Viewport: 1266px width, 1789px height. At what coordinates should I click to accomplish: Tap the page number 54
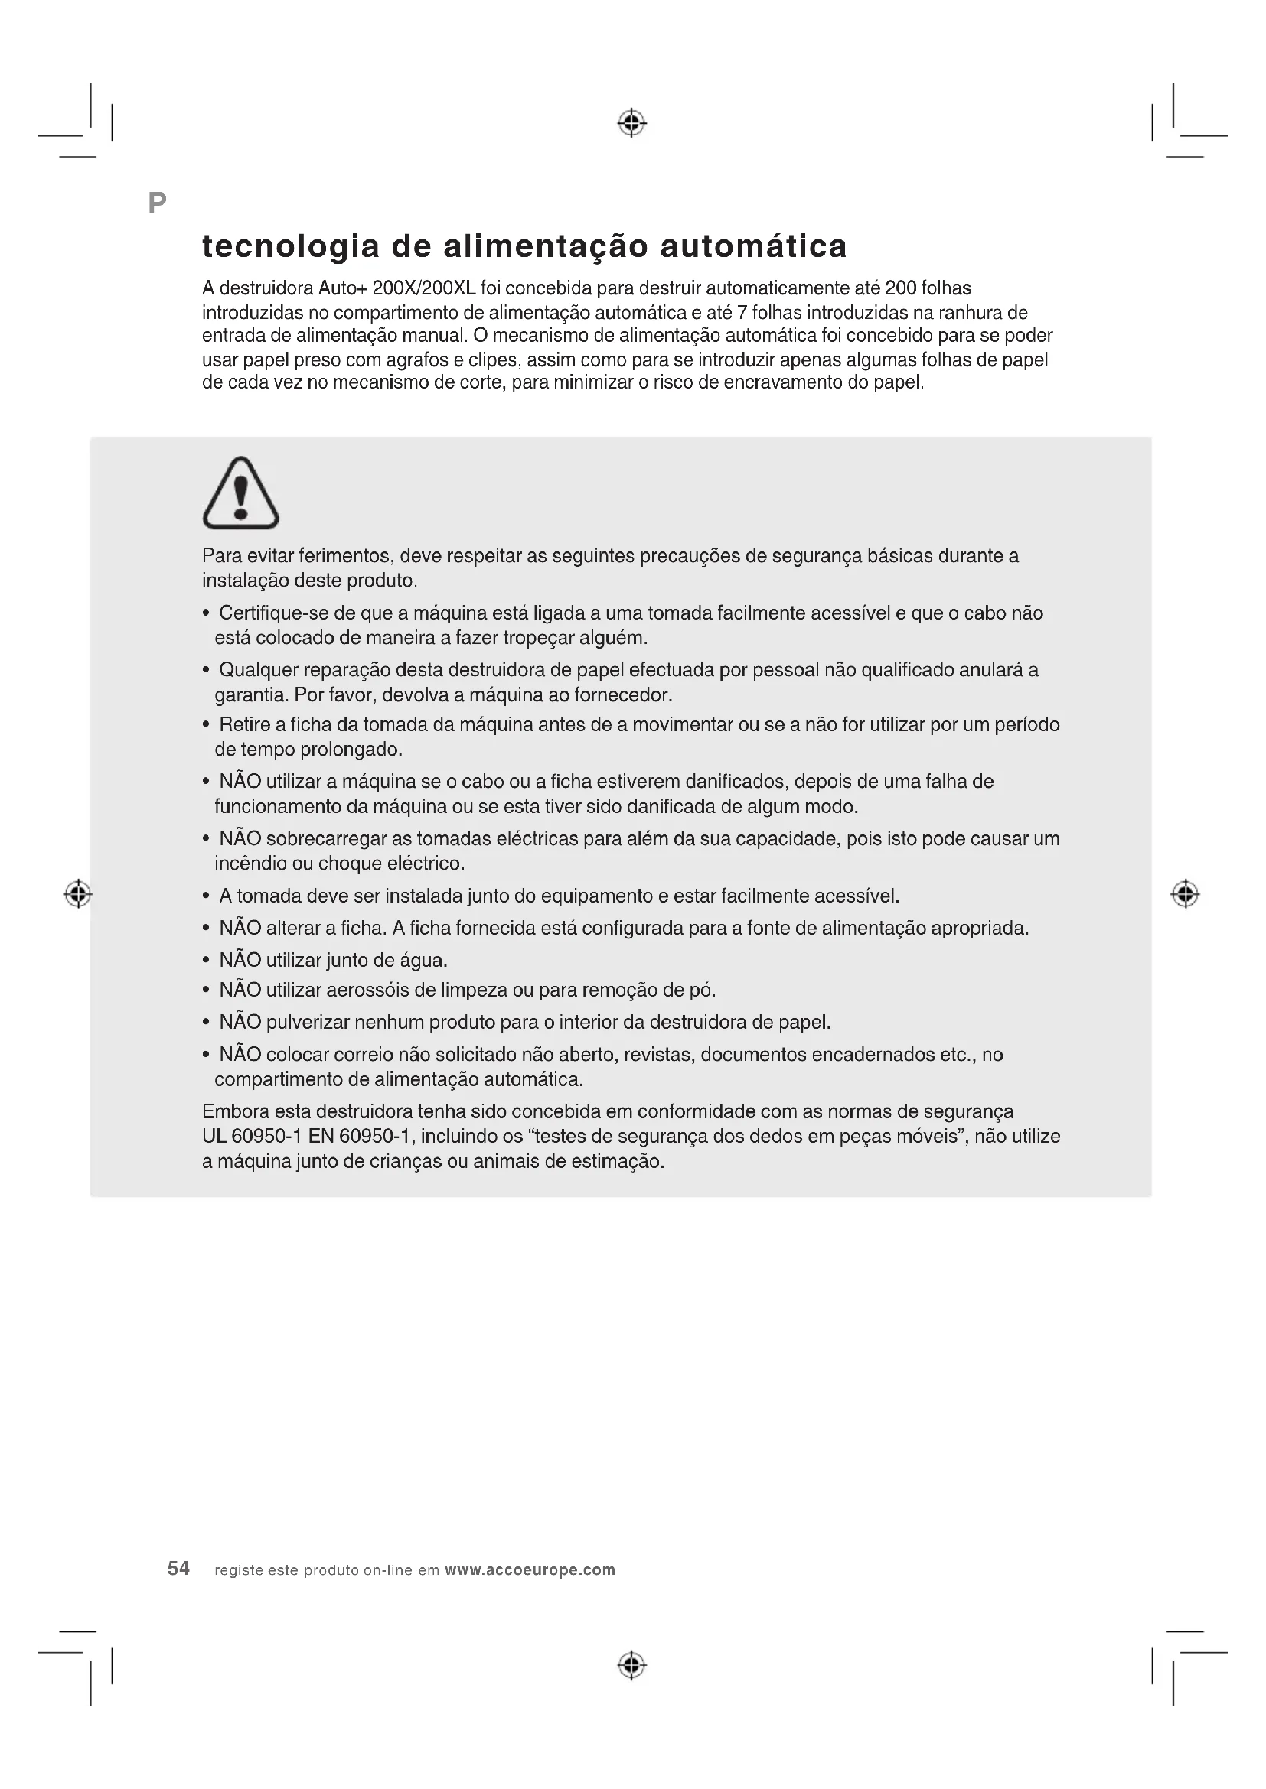[x=178, y=1569]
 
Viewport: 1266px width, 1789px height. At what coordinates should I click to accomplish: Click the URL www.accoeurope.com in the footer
[x=530, y=1570]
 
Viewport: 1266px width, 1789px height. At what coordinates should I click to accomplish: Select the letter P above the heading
[x=157, y=203]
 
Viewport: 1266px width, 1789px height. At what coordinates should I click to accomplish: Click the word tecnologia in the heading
[x=291, y=247]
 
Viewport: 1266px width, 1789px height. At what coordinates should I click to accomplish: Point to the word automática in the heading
[x=753, y=247]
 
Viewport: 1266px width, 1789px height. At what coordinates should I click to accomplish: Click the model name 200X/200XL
[x=424, y=288]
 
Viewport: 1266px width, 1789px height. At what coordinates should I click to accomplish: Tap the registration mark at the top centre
[x=632, y=123]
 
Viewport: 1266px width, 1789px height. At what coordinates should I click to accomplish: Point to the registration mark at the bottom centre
[x=632, y=1666]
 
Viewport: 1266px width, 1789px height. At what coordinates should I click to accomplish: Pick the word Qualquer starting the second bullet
[x=258, y=670]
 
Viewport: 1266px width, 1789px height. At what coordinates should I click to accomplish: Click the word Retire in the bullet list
[x=244, y=724]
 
